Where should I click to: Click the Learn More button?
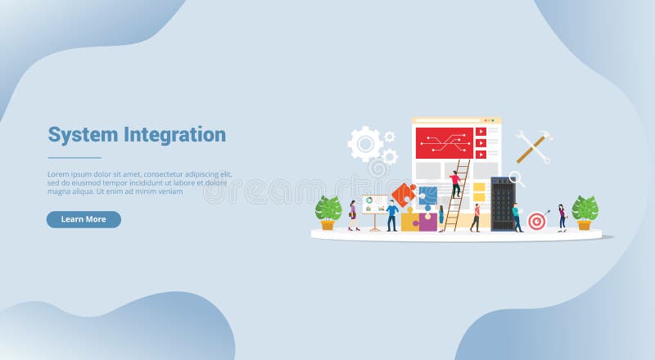point(84,219)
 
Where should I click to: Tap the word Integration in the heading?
point(175,134)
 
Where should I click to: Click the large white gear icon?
point(364,143)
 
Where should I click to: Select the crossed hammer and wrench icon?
point(533,147)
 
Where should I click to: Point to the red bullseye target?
point(536,220)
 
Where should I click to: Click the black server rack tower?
point(502,203)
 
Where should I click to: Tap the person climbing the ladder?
point(455,183)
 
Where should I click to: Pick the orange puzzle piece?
point(403,195)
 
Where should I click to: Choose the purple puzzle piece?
point(428,221)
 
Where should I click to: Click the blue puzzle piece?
point(427,196)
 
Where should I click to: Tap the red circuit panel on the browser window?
point(443,142)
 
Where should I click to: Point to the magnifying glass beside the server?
point(517,177)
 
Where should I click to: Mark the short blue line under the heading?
point(75,158)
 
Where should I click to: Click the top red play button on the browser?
point(481,131)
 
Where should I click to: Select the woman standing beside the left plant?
point(353,215)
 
